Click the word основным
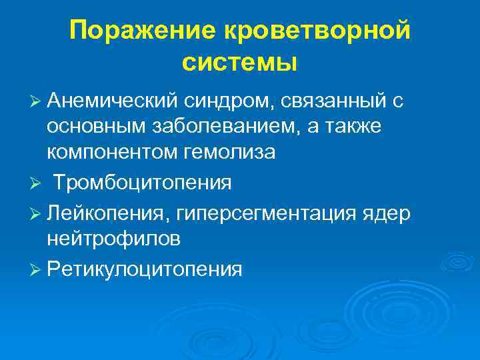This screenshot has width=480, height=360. coord(94,126)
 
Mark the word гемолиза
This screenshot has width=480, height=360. coord(228,151)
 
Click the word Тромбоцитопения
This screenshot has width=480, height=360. coord(143,181)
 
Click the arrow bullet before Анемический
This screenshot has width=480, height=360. coord(37,101)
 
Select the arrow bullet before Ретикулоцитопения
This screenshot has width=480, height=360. coord(37,269)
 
